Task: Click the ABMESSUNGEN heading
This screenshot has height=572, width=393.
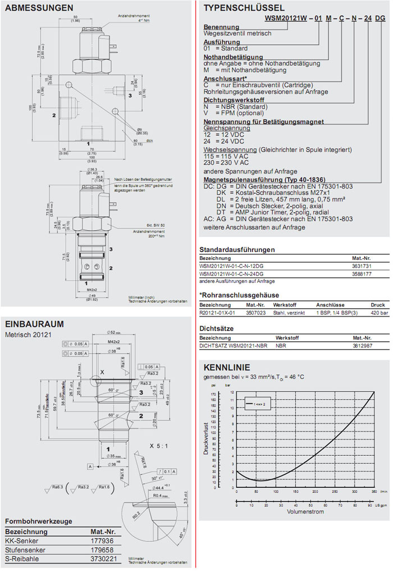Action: [x=39, y=8]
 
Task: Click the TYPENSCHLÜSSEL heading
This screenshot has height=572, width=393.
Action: [x=244, y=8]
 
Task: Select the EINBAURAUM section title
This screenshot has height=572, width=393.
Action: [x=34, y=323]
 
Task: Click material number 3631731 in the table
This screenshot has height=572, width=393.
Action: [x=362, y=266]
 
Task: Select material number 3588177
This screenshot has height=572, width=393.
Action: [x=362, y=273]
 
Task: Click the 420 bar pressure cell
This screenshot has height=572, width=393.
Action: [x=378, y=313]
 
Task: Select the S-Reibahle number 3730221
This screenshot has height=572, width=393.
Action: [x=104, y=559]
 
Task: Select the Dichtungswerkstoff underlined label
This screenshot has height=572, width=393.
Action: [x=232, y=99]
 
